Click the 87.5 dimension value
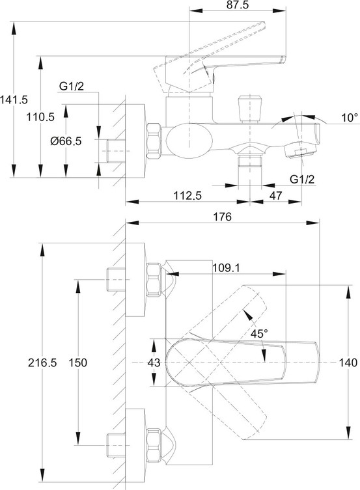click(x=238, y=5)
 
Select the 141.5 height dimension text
click(x=14, y=100)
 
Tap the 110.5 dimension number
click(x=40, y=117)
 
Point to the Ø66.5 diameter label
click(x=66, y=141)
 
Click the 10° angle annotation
click(x=350, y=118)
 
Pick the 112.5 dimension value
click(x=187, y=196)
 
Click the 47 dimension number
click(x=275, y=196)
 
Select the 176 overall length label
click(x=222, y=217)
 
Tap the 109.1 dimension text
click(x=226, y=268)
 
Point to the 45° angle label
click(x=259, y=333)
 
